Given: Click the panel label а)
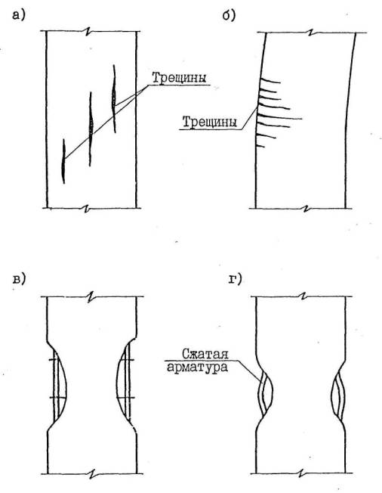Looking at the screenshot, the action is tap(18, 15).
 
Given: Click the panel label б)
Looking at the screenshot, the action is tap(229, 15).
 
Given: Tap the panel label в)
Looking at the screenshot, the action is tap(19, 278).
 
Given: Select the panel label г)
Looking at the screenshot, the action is tap(236, 279).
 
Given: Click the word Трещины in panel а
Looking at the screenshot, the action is tap(180, 78).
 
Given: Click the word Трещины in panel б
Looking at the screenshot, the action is tap(210, 122).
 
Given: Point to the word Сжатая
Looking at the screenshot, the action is tap(205, 354).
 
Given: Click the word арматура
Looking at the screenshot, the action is tap(197, 367).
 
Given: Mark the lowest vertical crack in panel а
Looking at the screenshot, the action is tap(63, 161).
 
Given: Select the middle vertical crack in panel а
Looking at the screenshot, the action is tap(91, 129).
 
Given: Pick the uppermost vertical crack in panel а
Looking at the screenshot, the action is tap(114, 99).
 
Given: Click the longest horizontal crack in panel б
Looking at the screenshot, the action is tap(279, 118).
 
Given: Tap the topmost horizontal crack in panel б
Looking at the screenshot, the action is tap(270, 82).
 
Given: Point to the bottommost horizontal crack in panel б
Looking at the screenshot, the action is tap(261, 146).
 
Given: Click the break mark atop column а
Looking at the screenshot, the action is tap(88, 31).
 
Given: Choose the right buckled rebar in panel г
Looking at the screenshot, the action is tap(338, 395).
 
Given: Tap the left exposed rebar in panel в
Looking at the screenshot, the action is tap(57, 386).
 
